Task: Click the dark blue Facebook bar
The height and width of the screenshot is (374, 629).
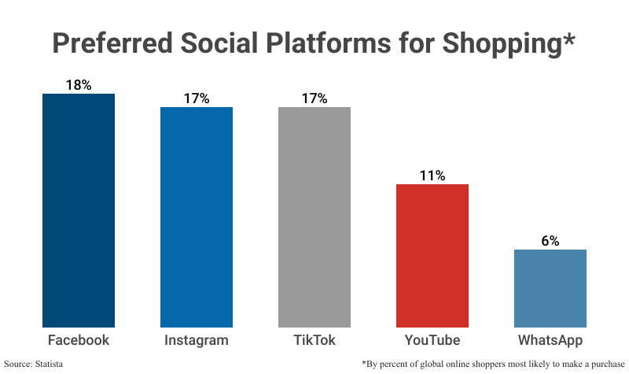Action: pos(79,210)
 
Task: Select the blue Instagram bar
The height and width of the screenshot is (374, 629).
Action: pos(197,217)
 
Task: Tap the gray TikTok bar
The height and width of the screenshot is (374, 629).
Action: pos(314,217)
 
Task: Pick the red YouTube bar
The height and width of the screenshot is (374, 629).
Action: pos(432,255)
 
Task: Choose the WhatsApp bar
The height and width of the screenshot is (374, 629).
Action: pos(550,287)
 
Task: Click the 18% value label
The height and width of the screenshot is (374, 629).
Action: pos(79,85)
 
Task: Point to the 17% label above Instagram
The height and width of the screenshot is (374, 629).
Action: pos(197,98)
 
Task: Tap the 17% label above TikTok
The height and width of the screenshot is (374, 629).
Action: pos(314,98)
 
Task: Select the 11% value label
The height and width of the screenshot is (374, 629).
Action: pos(432,176)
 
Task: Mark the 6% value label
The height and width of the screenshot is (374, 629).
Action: pos(550,241)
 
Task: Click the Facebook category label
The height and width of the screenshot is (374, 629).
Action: pos(79,340)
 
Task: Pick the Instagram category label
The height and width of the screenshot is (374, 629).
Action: pos(197,340)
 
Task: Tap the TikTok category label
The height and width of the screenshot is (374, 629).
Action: pos(314,340)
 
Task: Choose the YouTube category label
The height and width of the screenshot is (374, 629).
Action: pos(432,340)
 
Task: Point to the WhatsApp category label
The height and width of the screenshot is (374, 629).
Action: pos(550,340)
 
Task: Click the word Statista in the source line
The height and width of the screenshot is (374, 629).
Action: pos(49,364)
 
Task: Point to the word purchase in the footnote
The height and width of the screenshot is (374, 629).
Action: pos(599,365)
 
